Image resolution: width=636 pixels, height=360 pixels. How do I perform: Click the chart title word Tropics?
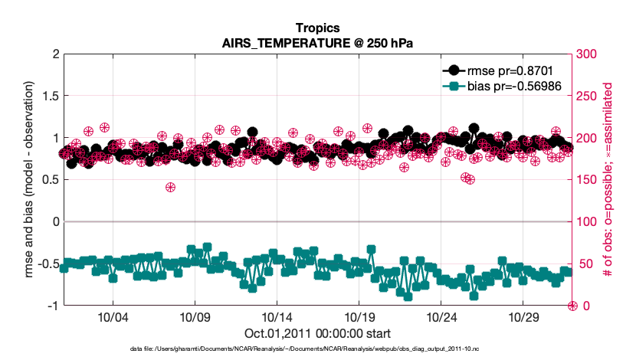pyautogui.click(x=317, y=29)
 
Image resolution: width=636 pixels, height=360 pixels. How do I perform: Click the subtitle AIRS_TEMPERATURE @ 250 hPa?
pyautogui.click(x=317, y=43)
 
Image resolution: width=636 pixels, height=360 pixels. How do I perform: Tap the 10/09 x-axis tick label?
pyautogui.click(x=195, y=317)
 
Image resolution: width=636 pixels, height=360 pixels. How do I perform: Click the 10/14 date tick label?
pyautogui.click(x=277, y=317)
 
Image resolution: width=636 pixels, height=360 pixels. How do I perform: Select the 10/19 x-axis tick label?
pyautogui.click(x=359, y=317)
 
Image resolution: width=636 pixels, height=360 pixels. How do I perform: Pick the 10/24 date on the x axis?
pyautogui.click(x=441, y=317)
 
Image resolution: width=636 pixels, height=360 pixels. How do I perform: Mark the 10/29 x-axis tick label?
pyautogui.click(x=523, y=317)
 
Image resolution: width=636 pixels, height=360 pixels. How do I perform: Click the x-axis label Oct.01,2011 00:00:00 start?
pyautogui.click(x=317, y=333)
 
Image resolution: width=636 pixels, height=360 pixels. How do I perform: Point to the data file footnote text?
pyautogui.click(x=317, y=349)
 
